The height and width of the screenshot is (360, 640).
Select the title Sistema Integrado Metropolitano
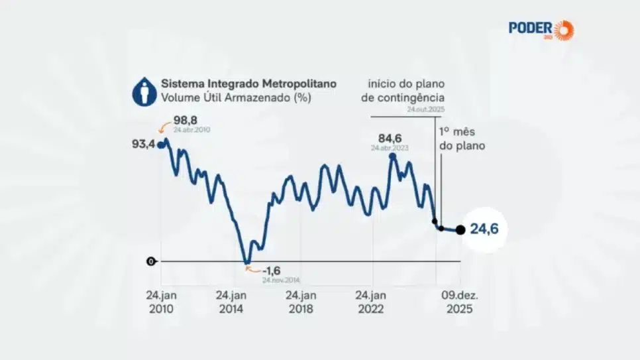click(x=248, y=84)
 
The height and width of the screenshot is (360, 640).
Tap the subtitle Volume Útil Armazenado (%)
click(x=236, y=98)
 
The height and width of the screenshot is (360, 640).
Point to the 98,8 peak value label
click(x=186, y=121)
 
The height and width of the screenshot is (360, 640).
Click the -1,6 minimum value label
click(x=272, y=270)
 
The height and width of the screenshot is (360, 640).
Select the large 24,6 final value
click(x=484, y=229)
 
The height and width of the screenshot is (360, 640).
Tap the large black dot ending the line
click(x=460, y=230)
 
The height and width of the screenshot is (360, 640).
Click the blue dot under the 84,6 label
click(x=392, y=156)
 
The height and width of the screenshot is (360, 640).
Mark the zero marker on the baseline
click(x=151, y=261)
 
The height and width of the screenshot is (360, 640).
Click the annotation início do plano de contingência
click(x=406, y=91)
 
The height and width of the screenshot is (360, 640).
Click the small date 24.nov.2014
click(x=281, y=280)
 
